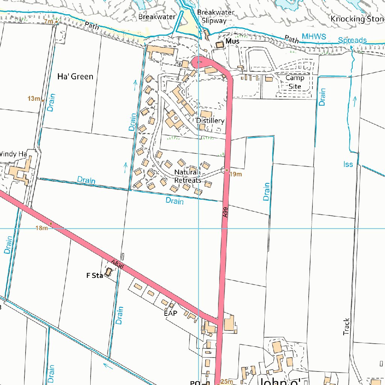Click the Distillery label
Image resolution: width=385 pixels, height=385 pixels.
(210, 121)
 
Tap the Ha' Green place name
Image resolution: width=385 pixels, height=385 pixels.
(75, 77)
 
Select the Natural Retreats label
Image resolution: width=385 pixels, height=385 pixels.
(188, 176)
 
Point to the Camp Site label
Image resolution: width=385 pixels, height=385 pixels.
(295, 82)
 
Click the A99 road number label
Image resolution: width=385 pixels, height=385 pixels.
(225, 213)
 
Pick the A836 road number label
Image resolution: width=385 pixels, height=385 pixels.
(117, 264)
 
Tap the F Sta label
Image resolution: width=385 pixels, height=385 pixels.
(94, 276)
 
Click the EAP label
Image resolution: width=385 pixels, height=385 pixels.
(170, 313)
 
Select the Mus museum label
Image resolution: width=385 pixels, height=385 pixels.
(232, 41)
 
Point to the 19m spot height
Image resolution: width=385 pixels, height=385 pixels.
(235, 174)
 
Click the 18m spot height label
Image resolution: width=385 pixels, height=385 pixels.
(41, 228)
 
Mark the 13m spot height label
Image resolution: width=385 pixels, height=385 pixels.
(33, 99)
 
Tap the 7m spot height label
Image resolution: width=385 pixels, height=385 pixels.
(49, 21)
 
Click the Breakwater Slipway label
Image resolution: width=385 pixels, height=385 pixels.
(215, 17)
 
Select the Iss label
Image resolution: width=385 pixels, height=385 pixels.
(348, 164)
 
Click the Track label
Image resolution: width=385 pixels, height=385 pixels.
(347, 327)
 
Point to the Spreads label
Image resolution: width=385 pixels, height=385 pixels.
(352, 40)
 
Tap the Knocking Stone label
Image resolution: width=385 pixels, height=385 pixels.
(358, 19)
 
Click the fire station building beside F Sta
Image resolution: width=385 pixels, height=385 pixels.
(108, 272)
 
